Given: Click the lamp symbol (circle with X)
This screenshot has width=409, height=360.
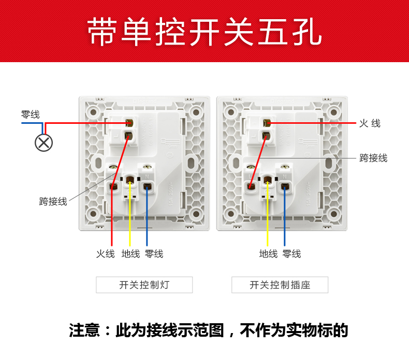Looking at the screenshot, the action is [43, 142].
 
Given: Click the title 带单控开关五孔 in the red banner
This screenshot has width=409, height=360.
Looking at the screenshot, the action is [204, 32].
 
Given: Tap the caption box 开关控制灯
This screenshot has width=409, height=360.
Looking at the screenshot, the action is [144, 285].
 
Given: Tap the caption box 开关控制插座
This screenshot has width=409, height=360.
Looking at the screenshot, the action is [280, 285].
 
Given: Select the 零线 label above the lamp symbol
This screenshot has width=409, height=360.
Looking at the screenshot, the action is [30, 114].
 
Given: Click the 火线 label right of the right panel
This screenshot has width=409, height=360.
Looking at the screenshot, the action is [370, 123].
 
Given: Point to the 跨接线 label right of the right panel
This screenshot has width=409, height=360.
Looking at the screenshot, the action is [373, 158].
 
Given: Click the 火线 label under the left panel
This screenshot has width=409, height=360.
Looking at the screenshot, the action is [105, 254].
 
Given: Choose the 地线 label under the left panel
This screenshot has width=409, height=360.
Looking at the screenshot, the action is [130, 254].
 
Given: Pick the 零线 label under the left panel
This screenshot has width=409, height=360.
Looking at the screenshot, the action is [154, 254].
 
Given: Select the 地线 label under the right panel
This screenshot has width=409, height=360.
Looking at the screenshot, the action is [268, 254].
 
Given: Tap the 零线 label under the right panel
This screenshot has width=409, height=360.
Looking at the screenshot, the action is [291, 254].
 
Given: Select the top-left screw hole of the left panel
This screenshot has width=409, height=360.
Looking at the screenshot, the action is [93, 111].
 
